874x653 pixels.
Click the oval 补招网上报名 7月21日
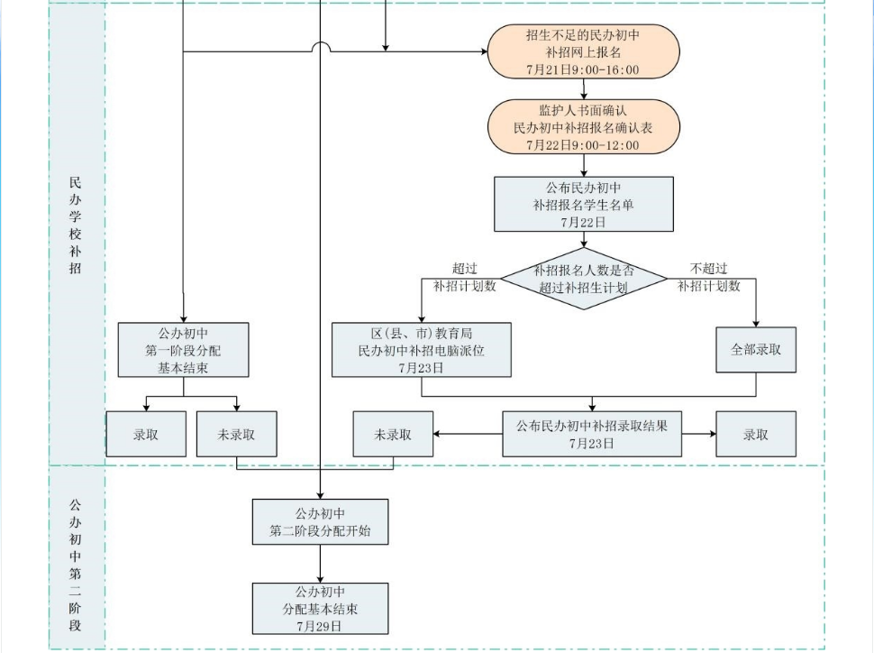[x=583, y=52]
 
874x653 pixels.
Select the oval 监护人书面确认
[x=583, y=128]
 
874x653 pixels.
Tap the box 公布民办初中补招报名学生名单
[x=583, y=205]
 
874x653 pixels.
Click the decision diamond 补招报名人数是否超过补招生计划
[x=583, y=279]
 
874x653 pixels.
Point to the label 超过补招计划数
[x=464, y=278]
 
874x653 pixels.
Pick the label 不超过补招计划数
[x=709, y=278]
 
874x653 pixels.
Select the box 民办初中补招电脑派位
[x=421, y=350]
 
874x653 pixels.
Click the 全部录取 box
[x=756, y=350]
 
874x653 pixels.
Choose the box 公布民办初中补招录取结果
[x=591, y=434]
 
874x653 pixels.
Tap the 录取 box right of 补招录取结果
[x=756, y=434]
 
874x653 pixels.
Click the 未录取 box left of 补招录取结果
[x=393, y=434]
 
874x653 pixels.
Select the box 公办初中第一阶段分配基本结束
[x=183, y=350]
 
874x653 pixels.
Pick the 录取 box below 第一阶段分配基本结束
[x=146, y=434]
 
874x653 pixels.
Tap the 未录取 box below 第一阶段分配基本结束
[x=236, y=434]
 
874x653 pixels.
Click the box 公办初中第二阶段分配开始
[x=320, y=522]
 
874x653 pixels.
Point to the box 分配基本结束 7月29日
[x=320, y=609]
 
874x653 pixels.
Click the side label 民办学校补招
[x=76, y=225]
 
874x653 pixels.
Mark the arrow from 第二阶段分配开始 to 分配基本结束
[x=320, y=564]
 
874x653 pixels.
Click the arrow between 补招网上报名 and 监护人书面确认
[x=584, y=89]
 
